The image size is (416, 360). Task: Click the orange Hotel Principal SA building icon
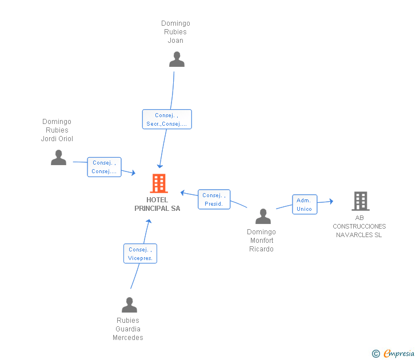pyautogui.click(x=159, y=183)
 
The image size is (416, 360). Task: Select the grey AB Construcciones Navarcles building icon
pyautogui.click(x=361, y=201)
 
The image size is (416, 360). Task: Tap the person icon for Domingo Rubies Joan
pyautogui.click(x=177, y=59)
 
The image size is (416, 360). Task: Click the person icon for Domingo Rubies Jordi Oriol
pyautogui.click(x=58, y=157)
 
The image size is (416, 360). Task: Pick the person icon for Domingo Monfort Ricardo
pyautogui.click(x=263, y=216)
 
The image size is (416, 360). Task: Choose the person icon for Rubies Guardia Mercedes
pyautogui.click(x=129, y=305)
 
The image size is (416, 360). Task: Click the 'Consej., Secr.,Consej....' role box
pyautogui.click(x=167, y=119)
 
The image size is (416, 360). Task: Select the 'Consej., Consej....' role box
pyautogui.click(x=104, y=167)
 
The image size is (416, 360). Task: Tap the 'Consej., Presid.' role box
pyautogui.click(x=214, y=199)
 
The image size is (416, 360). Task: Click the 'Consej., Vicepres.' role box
pyautogui.click(x=140, y=254)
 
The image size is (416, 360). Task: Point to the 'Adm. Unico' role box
pyautogui.click(x=305, y=204)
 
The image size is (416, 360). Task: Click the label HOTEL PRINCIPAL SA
pyautogui.click(x=157, y=204)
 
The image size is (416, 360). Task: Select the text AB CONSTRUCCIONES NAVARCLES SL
pyautogui.click(x=359, y=226)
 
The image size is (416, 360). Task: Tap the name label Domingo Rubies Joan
pyautogui.click(x=175, y=32)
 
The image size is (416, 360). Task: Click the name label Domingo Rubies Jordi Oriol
pyautogui.click(x=57, y=130)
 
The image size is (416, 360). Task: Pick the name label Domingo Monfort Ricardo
pyautogui.click(x=261, y=241)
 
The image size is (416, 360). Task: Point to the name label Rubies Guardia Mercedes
pyautogui.click(x=128, y=329)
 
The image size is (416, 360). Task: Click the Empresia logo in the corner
pyautogui.click(x=393, y=353)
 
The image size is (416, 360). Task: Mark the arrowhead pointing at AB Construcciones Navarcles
pyautogui.click(x=331, y=201)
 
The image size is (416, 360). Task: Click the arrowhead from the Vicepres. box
pyautogui.click(x=149, y=221)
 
